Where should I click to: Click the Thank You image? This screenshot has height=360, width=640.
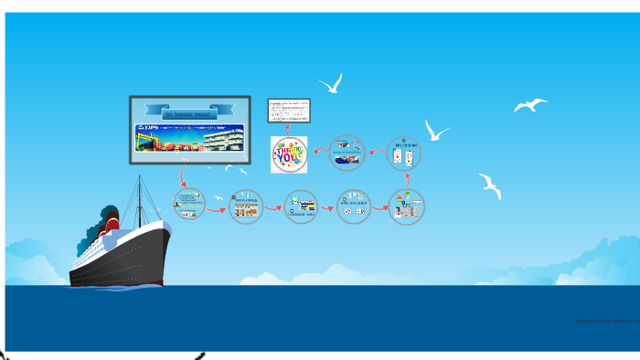[289, 154]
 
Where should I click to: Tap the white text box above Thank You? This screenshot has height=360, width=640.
[289, 111]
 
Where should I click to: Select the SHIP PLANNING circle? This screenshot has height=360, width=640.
[245, 206]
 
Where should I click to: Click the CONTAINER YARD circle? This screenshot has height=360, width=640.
[301, 207]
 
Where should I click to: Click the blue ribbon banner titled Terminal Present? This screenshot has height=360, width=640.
[189, 111]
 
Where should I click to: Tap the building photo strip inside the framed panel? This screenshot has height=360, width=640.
[189, 138]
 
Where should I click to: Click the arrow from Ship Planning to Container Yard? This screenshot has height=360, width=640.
[272, 208]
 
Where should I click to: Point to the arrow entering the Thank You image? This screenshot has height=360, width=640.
[318, 151]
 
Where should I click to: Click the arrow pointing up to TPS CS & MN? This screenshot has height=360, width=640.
[407, 180]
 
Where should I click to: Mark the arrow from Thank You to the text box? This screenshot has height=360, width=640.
[289, 129]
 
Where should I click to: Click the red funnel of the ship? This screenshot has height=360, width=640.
[112, 221]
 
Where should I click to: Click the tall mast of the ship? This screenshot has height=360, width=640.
[139, 201]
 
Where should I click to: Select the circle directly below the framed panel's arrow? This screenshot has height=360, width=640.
[189, 204]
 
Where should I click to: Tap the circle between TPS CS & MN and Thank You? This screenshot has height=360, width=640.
[347, 153]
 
